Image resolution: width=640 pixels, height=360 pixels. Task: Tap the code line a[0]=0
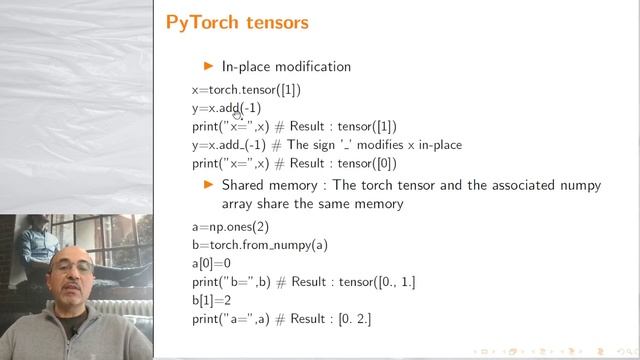point(211,264)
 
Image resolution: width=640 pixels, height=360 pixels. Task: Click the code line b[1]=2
point(211,300)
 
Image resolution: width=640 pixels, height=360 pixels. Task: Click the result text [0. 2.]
point(380,319)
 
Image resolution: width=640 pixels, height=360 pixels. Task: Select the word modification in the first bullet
point(310,67)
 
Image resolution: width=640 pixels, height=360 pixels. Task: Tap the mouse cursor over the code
point(238,113)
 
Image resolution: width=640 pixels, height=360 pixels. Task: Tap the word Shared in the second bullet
point(241,185)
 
